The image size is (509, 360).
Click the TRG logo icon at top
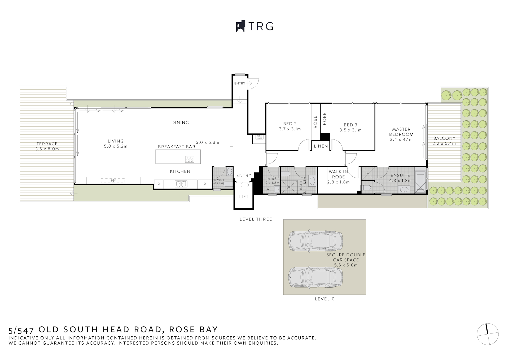click(x=240, y=26)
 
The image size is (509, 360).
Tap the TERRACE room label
click(x=47, y=144)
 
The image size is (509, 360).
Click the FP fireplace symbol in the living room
click(x=113, y=181)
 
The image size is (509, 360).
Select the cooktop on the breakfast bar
click(x=190, y=159)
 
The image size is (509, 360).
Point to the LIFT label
click(x=244, y=197)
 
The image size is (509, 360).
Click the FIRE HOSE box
click(x=259, y=137)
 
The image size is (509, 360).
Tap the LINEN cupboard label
click(x=321, y=146)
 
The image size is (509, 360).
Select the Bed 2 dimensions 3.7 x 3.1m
click(x=290, y=129)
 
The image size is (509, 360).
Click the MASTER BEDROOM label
click(x=401, y=132)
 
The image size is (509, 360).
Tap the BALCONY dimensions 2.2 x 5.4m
click(x=444, y=143)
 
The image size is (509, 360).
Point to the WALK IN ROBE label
click(x=338, y=174)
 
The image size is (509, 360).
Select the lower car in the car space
click(x=315, y=278)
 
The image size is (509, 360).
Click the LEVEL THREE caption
click(x=256, y=219)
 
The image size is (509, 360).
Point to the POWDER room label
click(x=218, y=180)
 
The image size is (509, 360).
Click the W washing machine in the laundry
click(x=268, y=189)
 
